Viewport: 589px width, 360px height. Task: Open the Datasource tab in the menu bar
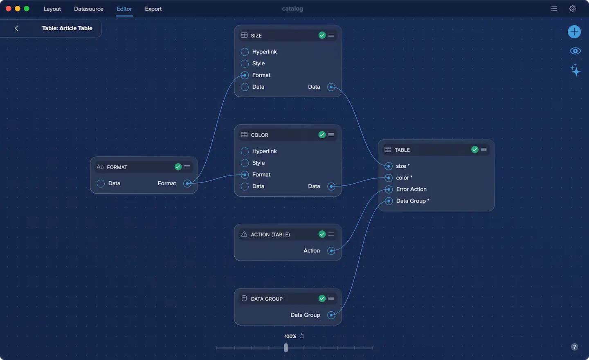pos(89,9)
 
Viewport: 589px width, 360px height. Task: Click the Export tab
pos(153,9)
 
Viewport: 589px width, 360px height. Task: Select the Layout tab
pos(52,9)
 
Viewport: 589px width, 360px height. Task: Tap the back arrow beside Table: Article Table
pos(16,28)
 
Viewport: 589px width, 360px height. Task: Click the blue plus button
pos(574,32)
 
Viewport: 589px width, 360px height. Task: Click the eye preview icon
pos(575,51)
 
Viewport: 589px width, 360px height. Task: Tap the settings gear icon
pos(573,9)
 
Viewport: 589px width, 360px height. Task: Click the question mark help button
pos(575,347)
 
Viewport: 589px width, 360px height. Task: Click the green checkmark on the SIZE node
pos(322,35)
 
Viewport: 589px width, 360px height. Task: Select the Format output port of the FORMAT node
pos(187,184)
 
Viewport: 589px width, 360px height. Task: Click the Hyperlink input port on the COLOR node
pos(245,151)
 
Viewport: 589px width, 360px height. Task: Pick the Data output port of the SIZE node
pos(331,87)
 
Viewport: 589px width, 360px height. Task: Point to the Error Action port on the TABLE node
pos(389,189)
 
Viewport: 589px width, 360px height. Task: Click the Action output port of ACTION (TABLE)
pos(331,251)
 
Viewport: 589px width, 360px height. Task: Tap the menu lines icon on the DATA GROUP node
pos(331,299)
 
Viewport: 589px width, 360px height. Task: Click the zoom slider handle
pos(286,348)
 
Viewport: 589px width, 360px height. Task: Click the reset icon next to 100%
pos(302,336)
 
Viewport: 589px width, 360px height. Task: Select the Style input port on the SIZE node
pos(245,64)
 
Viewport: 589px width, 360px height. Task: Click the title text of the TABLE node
pos(402,150)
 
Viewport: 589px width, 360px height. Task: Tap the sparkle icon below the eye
pos(575,70)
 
